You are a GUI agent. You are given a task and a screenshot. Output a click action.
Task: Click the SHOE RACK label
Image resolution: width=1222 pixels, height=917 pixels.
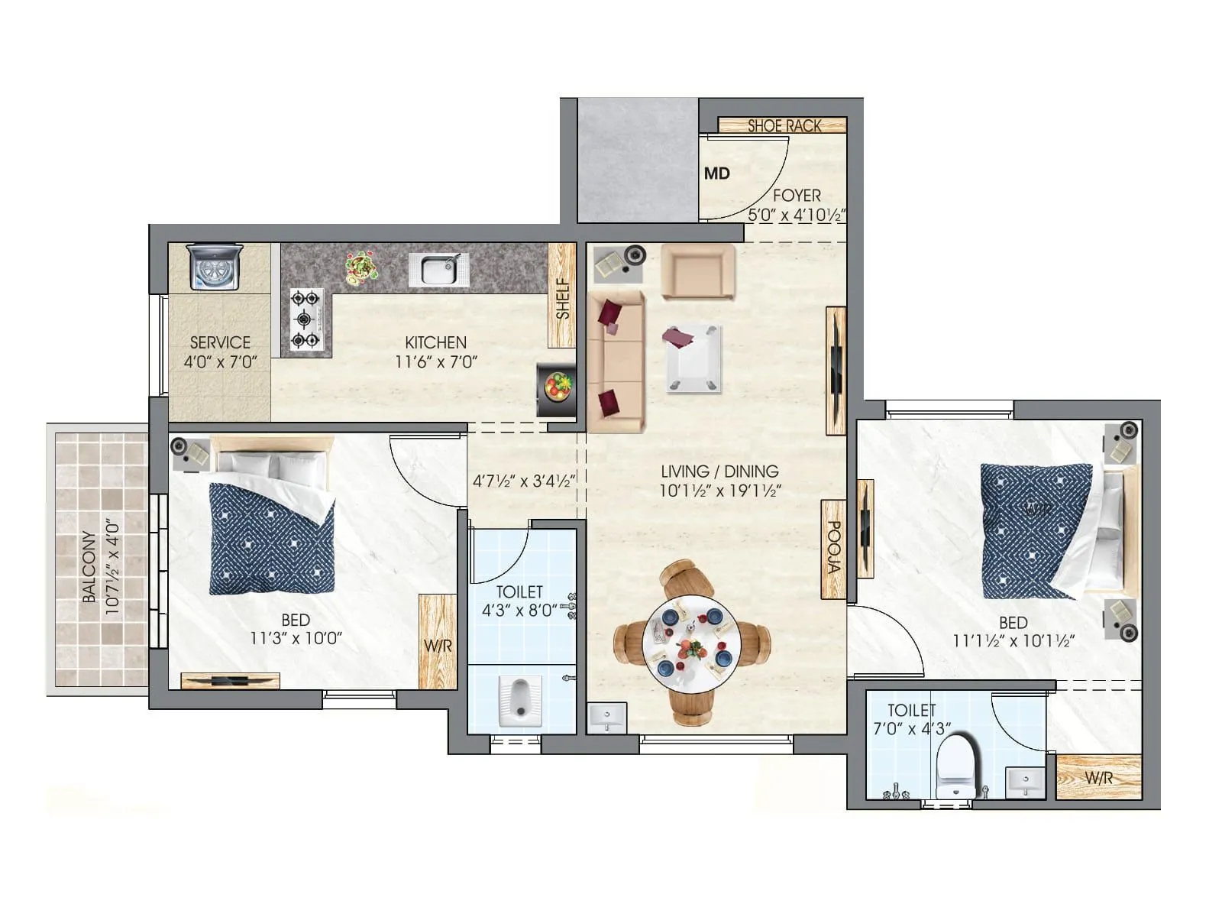tap(784, 126)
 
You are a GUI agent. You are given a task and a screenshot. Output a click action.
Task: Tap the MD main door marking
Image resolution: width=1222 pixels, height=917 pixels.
tap(716, 173)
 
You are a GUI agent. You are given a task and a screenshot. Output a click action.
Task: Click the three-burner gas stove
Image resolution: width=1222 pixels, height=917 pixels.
tap(305, 319)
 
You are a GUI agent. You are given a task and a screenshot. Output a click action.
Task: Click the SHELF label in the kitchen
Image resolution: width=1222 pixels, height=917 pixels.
tap(563, 298)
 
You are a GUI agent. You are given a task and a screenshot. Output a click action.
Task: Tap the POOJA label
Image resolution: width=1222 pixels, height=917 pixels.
tap(834, 547)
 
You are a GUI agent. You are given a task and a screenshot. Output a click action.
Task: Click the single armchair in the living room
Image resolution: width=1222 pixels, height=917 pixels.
tap(697, 272)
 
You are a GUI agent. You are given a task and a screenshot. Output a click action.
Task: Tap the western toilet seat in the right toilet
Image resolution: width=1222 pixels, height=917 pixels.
tap(956, 764)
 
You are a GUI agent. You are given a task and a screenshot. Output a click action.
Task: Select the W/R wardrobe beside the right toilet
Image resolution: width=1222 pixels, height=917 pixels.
tap(1098, 777)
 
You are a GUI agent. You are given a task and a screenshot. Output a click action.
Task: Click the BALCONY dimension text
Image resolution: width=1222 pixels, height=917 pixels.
tap(102, 567)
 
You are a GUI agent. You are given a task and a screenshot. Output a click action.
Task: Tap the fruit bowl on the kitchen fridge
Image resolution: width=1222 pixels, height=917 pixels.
tap(556, 384)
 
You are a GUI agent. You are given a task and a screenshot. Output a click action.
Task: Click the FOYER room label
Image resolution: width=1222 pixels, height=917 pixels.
tap(797, 196)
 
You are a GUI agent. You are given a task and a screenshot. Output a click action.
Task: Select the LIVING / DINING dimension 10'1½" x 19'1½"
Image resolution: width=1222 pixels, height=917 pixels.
tap(719, 491)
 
